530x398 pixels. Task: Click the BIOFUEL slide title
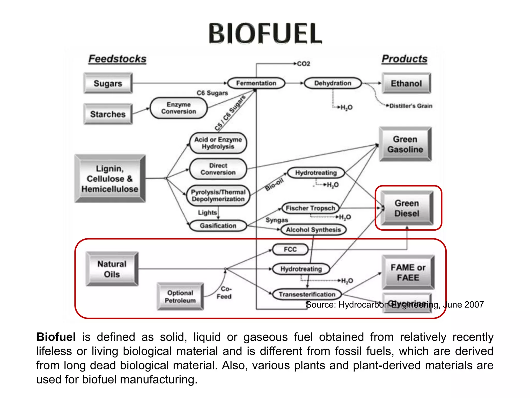pos(265,33)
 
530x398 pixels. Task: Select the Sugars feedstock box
pos(108,83)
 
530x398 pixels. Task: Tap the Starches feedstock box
pos(108,114)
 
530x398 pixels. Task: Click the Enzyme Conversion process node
pos(179,108)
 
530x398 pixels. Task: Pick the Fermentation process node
pos(256,83)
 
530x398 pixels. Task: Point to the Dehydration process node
pos(333,83)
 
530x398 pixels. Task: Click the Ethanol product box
pos(406,83)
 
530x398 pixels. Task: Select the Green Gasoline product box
pos(405,144)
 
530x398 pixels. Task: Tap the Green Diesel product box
pos(407,208)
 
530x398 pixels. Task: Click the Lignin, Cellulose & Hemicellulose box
pos(110,179)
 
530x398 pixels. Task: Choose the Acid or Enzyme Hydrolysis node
pos(218,143)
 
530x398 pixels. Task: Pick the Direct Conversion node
pos(218,169)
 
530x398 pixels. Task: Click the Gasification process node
pos(218,226)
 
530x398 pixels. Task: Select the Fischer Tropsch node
pos(310,208)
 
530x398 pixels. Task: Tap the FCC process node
pos(290,250)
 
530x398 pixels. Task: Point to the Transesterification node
pos(307,294)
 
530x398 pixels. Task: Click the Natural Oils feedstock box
pos(112,269)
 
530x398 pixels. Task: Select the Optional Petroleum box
pos(180,297)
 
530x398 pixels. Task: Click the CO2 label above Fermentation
pos(303,64)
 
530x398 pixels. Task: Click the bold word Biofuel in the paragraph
pos(56,337)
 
